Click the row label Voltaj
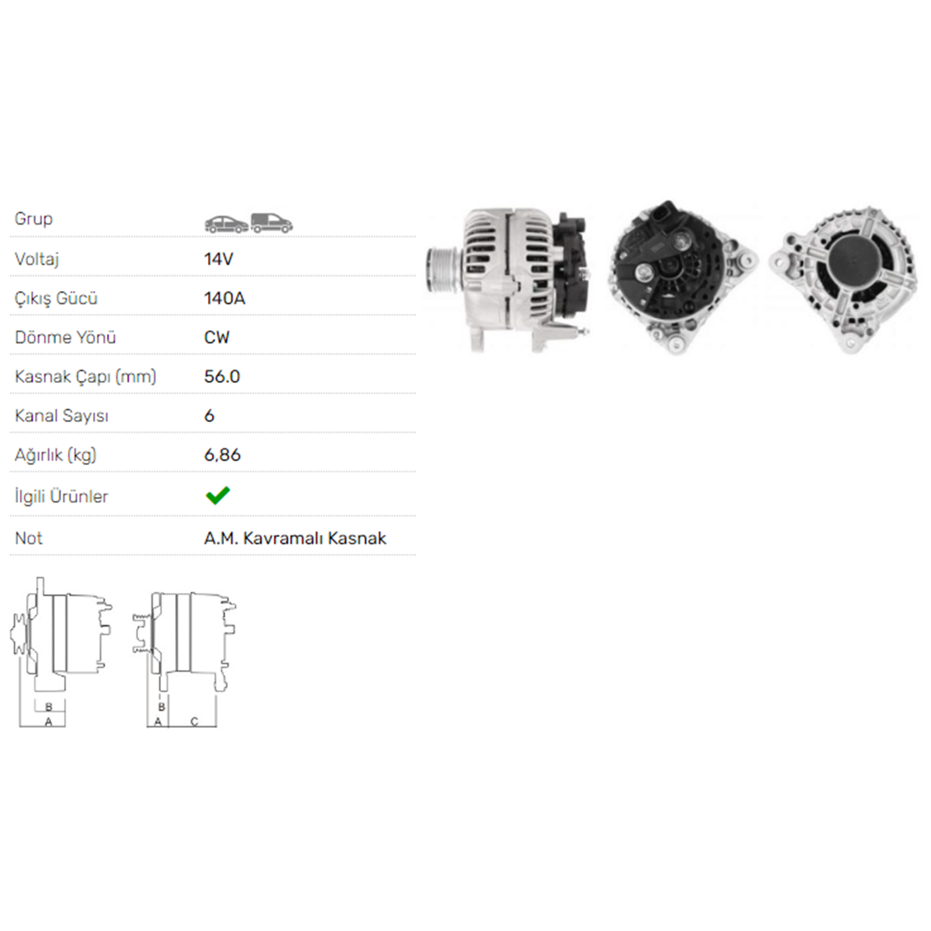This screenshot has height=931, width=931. (37, 259)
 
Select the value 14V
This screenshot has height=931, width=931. (218, 259)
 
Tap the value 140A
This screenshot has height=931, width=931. (225, 298)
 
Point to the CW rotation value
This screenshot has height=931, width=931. (217, 337)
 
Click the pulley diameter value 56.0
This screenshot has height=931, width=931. (222, 376)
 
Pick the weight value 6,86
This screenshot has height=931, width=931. (222, 455)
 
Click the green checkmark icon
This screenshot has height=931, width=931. (218, 495)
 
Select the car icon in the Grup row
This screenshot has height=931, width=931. (227, 223)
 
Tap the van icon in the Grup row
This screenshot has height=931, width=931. (272, 223)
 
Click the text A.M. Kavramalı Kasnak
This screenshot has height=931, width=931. (295, 537)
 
